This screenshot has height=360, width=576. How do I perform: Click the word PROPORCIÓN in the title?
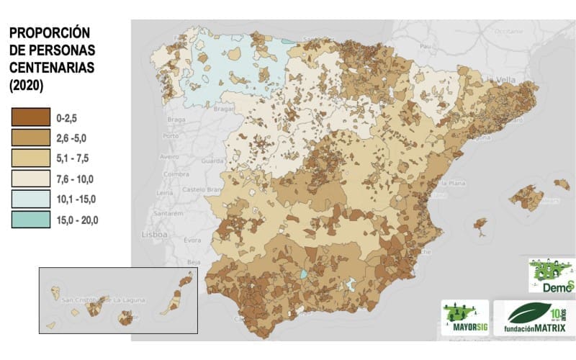tap(49, 34)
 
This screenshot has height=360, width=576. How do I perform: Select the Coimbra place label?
tap(176, 174)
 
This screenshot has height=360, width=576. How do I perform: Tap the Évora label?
tap(192, 240)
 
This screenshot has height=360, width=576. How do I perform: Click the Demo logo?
tap(552, 276)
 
